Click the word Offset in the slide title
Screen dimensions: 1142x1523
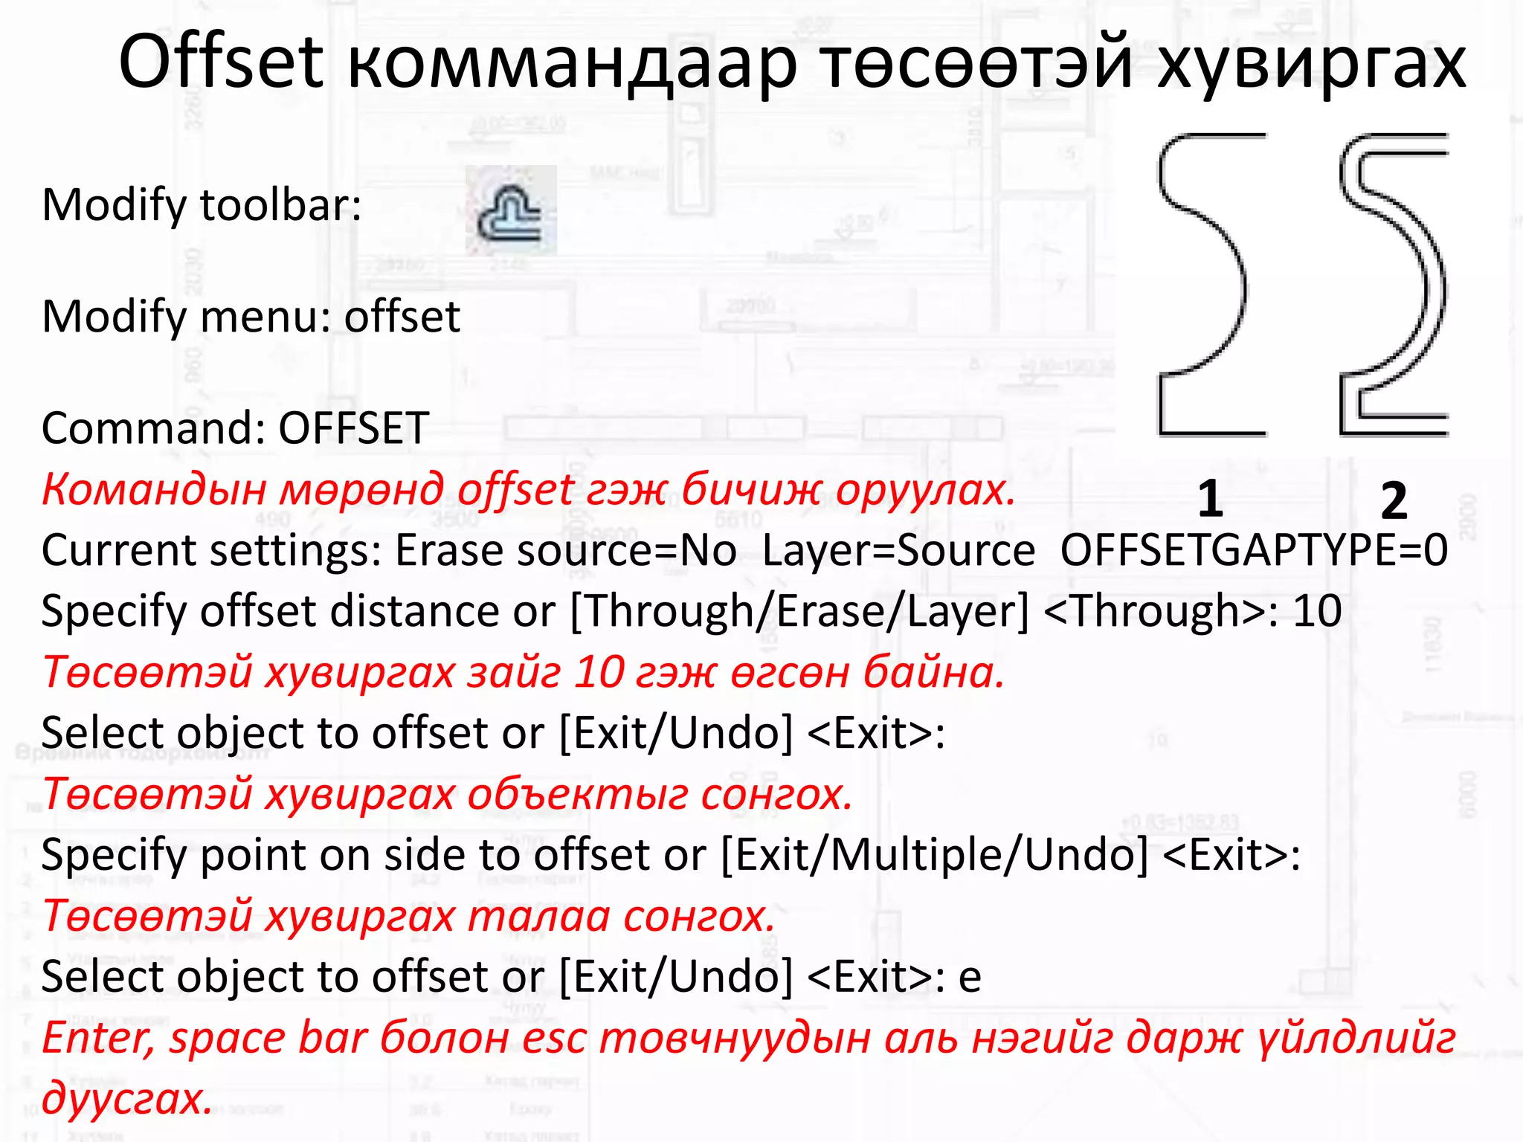tap(221, 62)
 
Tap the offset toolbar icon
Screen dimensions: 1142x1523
tap(511, 211)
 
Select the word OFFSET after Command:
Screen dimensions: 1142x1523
tap(354, 428)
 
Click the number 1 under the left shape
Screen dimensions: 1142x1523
tap(1210, 499)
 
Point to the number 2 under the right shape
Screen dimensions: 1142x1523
tap(1394, 500)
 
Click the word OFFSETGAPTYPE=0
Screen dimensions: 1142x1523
tap(1254, 551)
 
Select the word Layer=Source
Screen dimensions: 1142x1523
tap(898, 551)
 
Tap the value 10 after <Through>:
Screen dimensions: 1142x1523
tap(1318, 611)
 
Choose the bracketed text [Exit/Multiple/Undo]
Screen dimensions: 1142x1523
tap(935, 855)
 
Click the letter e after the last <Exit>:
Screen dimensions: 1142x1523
tap(970, 977)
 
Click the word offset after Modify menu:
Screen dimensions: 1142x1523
tap(402, 317)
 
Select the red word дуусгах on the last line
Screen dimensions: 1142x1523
tap(126, 1098)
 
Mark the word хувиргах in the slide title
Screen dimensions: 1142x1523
tap(1311, 64)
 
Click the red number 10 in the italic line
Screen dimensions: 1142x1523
tap(599, 672)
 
